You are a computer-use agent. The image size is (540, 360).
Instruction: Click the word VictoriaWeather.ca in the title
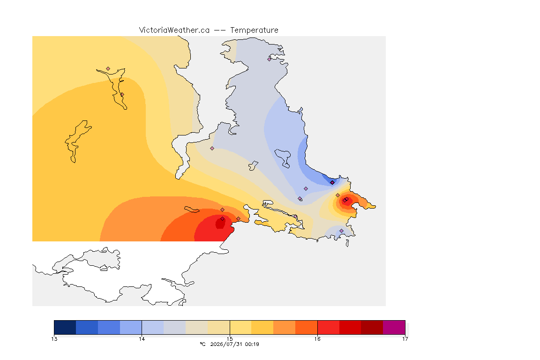pyautogui.click(x=174, y=30)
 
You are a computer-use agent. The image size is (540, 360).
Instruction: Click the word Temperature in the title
pyautogui.click(x=254, y=30)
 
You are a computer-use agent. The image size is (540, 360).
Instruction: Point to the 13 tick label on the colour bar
pyautogui.click(x=54, y=339)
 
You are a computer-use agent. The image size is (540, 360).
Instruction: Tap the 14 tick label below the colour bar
pyautogui.click(x=142, y=339)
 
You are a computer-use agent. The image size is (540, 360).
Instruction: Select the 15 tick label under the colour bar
pyautogui.click(x=230, y=339)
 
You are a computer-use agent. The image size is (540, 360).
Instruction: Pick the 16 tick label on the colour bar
pyautogui.click(x=317, y=339)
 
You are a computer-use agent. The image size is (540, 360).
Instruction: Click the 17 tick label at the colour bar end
pyautogui.click(x=405, y=339)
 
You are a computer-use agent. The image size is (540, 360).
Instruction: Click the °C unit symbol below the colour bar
pyautogui.click(x=202, y=344)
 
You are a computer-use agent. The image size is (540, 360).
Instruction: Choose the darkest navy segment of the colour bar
pyautogui.click(x=65, y=327)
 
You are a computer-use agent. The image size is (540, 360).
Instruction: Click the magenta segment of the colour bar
pyautogui.click(x=394, y=327)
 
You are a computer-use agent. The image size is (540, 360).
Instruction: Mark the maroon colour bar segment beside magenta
pyautogui.click(x=372, y=327)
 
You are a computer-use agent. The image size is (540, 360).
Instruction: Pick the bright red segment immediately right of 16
pyautogui.click(x=328, y=327)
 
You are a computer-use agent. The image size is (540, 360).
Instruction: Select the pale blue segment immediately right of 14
pyautogui.click(x=153, y=327)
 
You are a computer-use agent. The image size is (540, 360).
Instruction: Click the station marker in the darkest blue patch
pyautogui.click(x=332, y=183)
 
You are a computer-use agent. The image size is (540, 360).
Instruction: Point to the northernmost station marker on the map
pyautogui.click(x=270, y=59)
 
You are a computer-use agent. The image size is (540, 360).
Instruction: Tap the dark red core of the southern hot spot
pyautogui.click(x=220, y=223)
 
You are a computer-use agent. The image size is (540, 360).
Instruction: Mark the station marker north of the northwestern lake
pyautogui.click(x=108, y=69)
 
